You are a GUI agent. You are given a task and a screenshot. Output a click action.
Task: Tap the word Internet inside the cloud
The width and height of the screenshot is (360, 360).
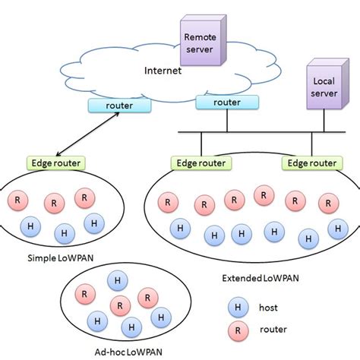tap(164, 72)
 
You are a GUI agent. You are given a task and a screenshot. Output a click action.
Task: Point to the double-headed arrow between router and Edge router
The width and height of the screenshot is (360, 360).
tap(81, 134)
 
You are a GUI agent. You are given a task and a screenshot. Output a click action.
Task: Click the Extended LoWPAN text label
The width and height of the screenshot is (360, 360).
tap(259, 279)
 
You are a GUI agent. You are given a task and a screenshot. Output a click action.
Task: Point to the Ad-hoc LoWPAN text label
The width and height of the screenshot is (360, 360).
tap(119, 351)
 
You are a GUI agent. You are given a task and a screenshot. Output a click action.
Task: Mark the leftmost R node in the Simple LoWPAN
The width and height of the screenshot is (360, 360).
tap(18, 201)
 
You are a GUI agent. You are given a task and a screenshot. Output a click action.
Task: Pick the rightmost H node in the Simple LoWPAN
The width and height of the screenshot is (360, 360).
tap(93, 223)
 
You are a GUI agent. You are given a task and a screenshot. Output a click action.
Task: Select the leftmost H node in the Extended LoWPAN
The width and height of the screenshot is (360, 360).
tap(180, 227)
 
